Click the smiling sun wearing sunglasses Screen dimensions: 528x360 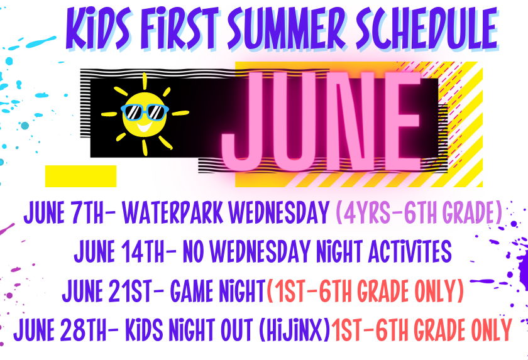pos(145,114)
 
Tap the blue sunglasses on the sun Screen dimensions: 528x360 pos(145,112)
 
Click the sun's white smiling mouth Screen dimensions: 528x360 pos(145,128)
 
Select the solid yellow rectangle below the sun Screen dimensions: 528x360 pos(81,176)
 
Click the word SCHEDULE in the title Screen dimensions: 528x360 pos(427,29)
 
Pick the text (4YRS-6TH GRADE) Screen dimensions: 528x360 pos(420,212)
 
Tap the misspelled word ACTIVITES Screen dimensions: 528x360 pos(409,251)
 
